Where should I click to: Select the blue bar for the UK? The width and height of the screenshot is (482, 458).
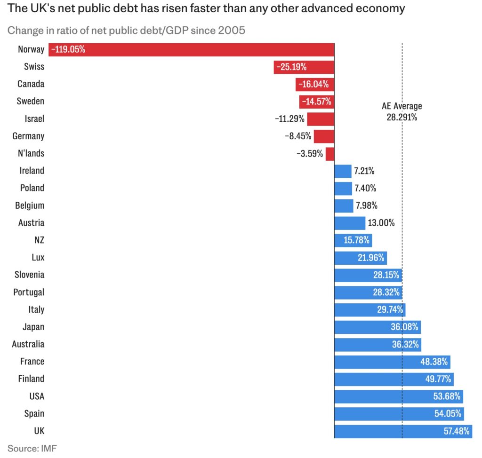tap(403, 431)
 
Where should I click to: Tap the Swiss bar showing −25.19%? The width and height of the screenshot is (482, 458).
tap(304, 67)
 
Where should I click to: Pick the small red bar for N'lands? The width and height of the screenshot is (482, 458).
tap(329, 154)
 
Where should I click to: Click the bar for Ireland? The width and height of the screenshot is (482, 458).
tap(343, 171)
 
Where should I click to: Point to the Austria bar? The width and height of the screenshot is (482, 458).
tap(350, 223)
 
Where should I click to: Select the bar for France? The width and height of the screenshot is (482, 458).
tap(392, 362)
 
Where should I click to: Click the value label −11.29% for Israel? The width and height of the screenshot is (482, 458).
tap(289, 118)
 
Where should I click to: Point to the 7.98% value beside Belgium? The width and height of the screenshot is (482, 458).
tap(367, 205)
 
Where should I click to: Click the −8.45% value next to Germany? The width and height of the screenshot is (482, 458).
tap(297, 136)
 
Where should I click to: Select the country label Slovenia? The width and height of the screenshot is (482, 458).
tap(29, 275)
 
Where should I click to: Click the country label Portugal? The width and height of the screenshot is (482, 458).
tap(29, 292)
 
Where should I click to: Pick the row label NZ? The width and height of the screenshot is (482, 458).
tap(39, 240)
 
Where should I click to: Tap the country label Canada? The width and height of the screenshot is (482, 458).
tap(31, 84)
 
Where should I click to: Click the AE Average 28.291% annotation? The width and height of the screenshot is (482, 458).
tap(402, 111)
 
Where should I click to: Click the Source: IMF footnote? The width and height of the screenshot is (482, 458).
tap(32, 448)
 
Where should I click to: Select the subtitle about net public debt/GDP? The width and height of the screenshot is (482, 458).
tap(126, 31)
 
